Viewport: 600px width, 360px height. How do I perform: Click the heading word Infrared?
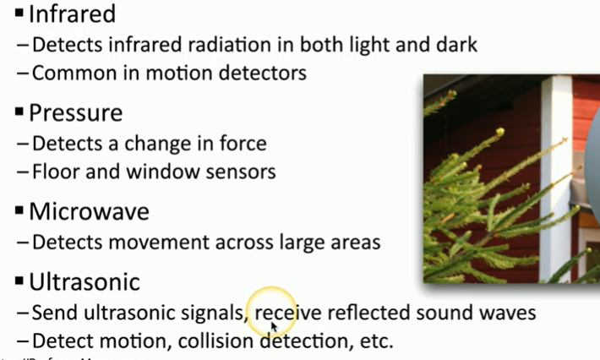[x=72, y=14]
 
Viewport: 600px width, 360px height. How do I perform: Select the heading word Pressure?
[x=75, y=112]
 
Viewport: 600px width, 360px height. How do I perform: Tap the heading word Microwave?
[x=89, y=211]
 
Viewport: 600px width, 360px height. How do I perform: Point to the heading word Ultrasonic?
[x=85, y=281]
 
